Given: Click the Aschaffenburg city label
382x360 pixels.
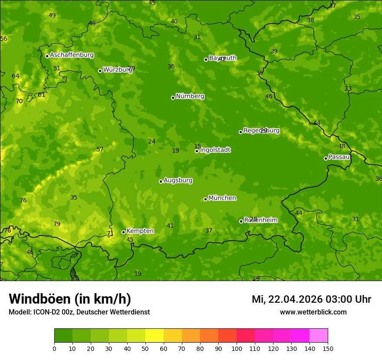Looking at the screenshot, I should click(x=72, y=55).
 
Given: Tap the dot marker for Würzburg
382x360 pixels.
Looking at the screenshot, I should click(x=100, y=71).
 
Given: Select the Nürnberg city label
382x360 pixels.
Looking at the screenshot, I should click(x=190, y=96).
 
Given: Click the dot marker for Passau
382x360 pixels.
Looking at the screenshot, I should click(x=326, y=158).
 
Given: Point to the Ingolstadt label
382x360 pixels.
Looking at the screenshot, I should click(x=215, y=150).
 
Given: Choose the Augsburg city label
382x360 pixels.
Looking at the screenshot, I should click(x=178, y=180).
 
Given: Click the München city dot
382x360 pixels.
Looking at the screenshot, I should click(x=205, y=199).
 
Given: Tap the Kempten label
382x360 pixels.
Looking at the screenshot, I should click(x=140, y=231).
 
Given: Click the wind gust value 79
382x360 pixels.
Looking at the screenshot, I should click(x=57, y=224).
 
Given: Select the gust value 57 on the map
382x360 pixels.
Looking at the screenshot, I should click(x=100, y=150).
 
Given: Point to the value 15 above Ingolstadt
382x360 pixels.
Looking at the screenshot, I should click(x=198, y=147).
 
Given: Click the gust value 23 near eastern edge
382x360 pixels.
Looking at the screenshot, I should click(x=348, y=88).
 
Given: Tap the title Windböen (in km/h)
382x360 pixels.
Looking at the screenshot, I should click(x=70, y=299).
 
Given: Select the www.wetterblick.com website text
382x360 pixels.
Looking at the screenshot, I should click(x=313, y=312).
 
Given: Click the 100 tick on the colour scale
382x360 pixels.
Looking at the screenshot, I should click(x=237, y=348).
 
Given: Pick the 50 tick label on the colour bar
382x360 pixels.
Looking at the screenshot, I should click(x=145, y=348).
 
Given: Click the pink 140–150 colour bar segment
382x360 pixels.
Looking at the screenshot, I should click(x=319, y=336).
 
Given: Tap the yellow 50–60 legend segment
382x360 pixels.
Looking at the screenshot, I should click(x=155, y=336).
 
